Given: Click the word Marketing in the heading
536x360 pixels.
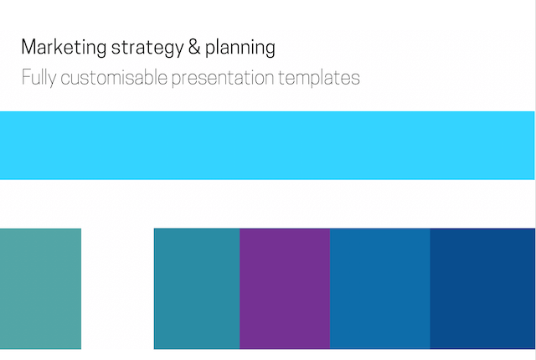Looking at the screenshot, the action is pyautogui.click(x=64, y=47).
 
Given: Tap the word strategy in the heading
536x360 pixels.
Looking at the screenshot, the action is pyautogui.click(x=147, y=48).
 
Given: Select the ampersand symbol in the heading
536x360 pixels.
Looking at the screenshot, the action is pyautogui.click(x=194, y=47).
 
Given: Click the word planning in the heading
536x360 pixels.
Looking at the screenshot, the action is pyautogui.click(x=240, y=48).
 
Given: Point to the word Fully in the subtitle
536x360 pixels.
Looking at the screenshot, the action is pyautogui.click(x=39, y=78).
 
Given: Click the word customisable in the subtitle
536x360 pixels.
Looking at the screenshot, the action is pyautogui.click(x=114, y=77).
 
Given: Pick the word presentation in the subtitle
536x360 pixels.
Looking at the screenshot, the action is pyautogui.click(x=223, y=78).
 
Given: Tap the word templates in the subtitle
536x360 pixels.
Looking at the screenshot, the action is pyautogui.click(x=319, y=78).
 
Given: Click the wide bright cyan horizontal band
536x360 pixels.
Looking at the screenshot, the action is pyautogui.click(x=267, y=145).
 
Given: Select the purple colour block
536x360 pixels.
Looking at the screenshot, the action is pyautogui.click(x=285, y=289).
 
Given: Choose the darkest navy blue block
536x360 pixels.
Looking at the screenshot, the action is pyautogui.click(x=482, y=289).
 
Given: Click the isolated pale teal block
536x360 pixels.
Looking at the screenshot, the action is pyautogui.click(x=40, y=289).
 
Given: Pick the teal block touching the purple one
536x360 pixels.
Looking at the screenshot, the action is pyautogui.click(x=197, y=289).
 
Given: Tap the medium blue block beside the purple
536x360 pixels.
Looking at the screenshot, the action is pyautogui.click(x=379, y=289).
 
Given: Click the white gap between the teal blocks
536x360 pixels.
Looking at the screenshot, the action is pyautogui.click(x=117, y=289).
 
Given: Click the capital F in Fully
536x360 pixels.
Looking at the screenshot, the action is pyautogui.click(x=26, y=77).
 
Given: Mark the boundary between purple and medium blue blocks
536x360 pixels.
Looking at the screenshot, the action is pyautogui.click(x=330, y=289).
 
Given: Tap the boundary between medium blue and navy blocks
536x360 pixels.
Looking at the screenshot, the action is pyautogui.click(x=430, y=289).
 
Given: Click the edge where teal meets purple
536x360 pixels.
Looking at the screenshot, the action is pyautogui.click(x=240, y=289).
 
